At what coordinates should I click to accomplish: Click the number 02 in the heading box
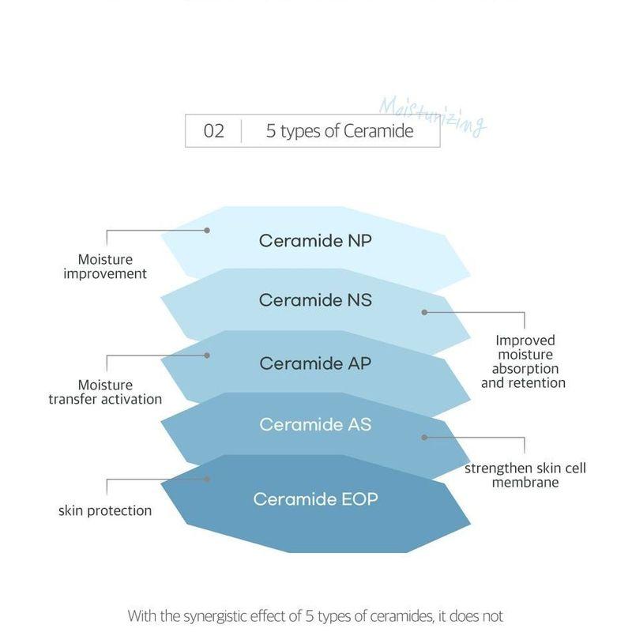pyautogui.click(x=213, y=131)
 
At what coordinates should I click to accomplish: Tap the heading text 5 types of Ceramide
pyautogui.click(x=340, y=131)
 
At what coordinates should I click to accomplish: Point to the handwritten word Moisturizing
pyautogui.click(x=432, y=116)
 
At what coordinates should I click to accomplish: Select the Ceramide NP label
pyautogui.click(x=315, y=241)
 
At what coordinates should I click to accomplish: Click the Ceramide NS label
pyautogui.click(x=315, y=300)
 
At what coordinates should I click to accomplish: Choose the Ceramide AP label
pyautogui.click(x=315, y=363)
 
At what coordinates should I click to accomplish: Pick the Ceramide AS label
pyautogui.click(x=315, y=424)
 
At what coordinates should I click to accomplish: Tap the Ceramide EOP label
pyautogui.click(x=315, y=499)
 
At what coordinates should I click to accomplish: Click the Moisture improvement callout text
pyautogui.click(x=105, y=266)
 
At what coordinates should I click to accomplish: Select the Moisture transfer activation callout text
pyautogui.click(x=105, y=392)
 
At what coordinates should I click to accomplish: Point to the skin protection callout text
pyautogui.click(x=105, y=510)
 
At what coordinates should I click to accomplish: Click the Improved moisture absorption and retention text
pyautogui.click(x=524, y=362)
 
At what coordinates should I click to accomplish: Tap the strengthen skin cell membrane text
pyautogui.click(x=525, y=476)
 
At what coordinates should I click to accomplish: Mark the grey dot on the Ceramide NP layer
pyautogui.click(x=207, y=230)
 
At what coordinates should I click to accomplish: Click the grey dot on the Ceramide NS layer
pyautogui.click(x=424, y=312)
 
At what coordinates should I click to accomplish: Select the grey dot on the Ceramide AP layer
pyautogui.click(x=207, y=355)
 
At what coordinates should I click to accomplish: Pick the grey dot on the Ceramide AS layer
pyautogui.click(x=424, y=438)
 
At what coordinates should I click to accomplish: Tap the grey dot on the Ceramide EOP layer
pyautogui.click(x=207, y=479)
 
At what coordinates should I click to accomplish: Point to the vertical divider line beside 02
pyautogui.click(x=242, y=131)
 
